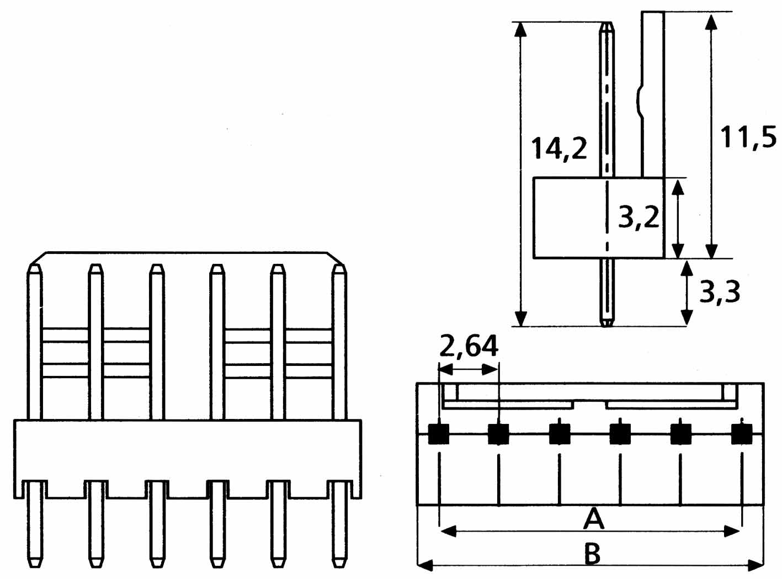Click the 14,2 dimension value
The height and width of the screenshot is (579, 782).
(x=559, y=149)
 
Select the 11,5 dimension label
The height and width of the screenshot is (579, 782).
(x=748, y=137)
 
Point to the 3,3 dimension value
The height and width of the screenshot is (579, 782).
(x=719, y=291)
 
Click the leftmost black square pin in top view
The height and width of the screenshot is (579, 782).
(x=439, y=434)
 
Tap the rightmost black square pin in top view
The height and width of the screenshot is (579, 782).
(x=742, y=434)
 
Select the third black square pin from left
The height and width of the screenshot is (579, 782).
(x=560, y=434)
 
